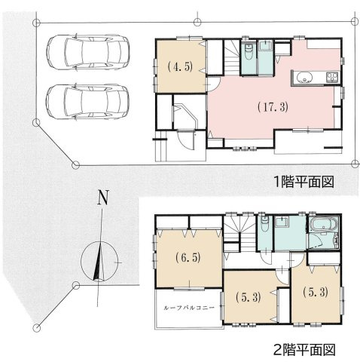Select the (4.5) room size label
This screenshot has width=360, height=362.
(x=178, y=66)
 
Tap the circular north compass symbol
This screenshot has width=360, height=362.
(x=96, y=258)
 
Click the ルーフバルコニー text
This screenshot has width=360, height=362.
(x=188, y=309)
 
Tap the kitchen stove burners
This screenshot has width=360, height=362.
(x=332, y=78)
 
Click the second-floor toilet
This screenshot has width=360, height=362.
(x=263, y=225)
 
